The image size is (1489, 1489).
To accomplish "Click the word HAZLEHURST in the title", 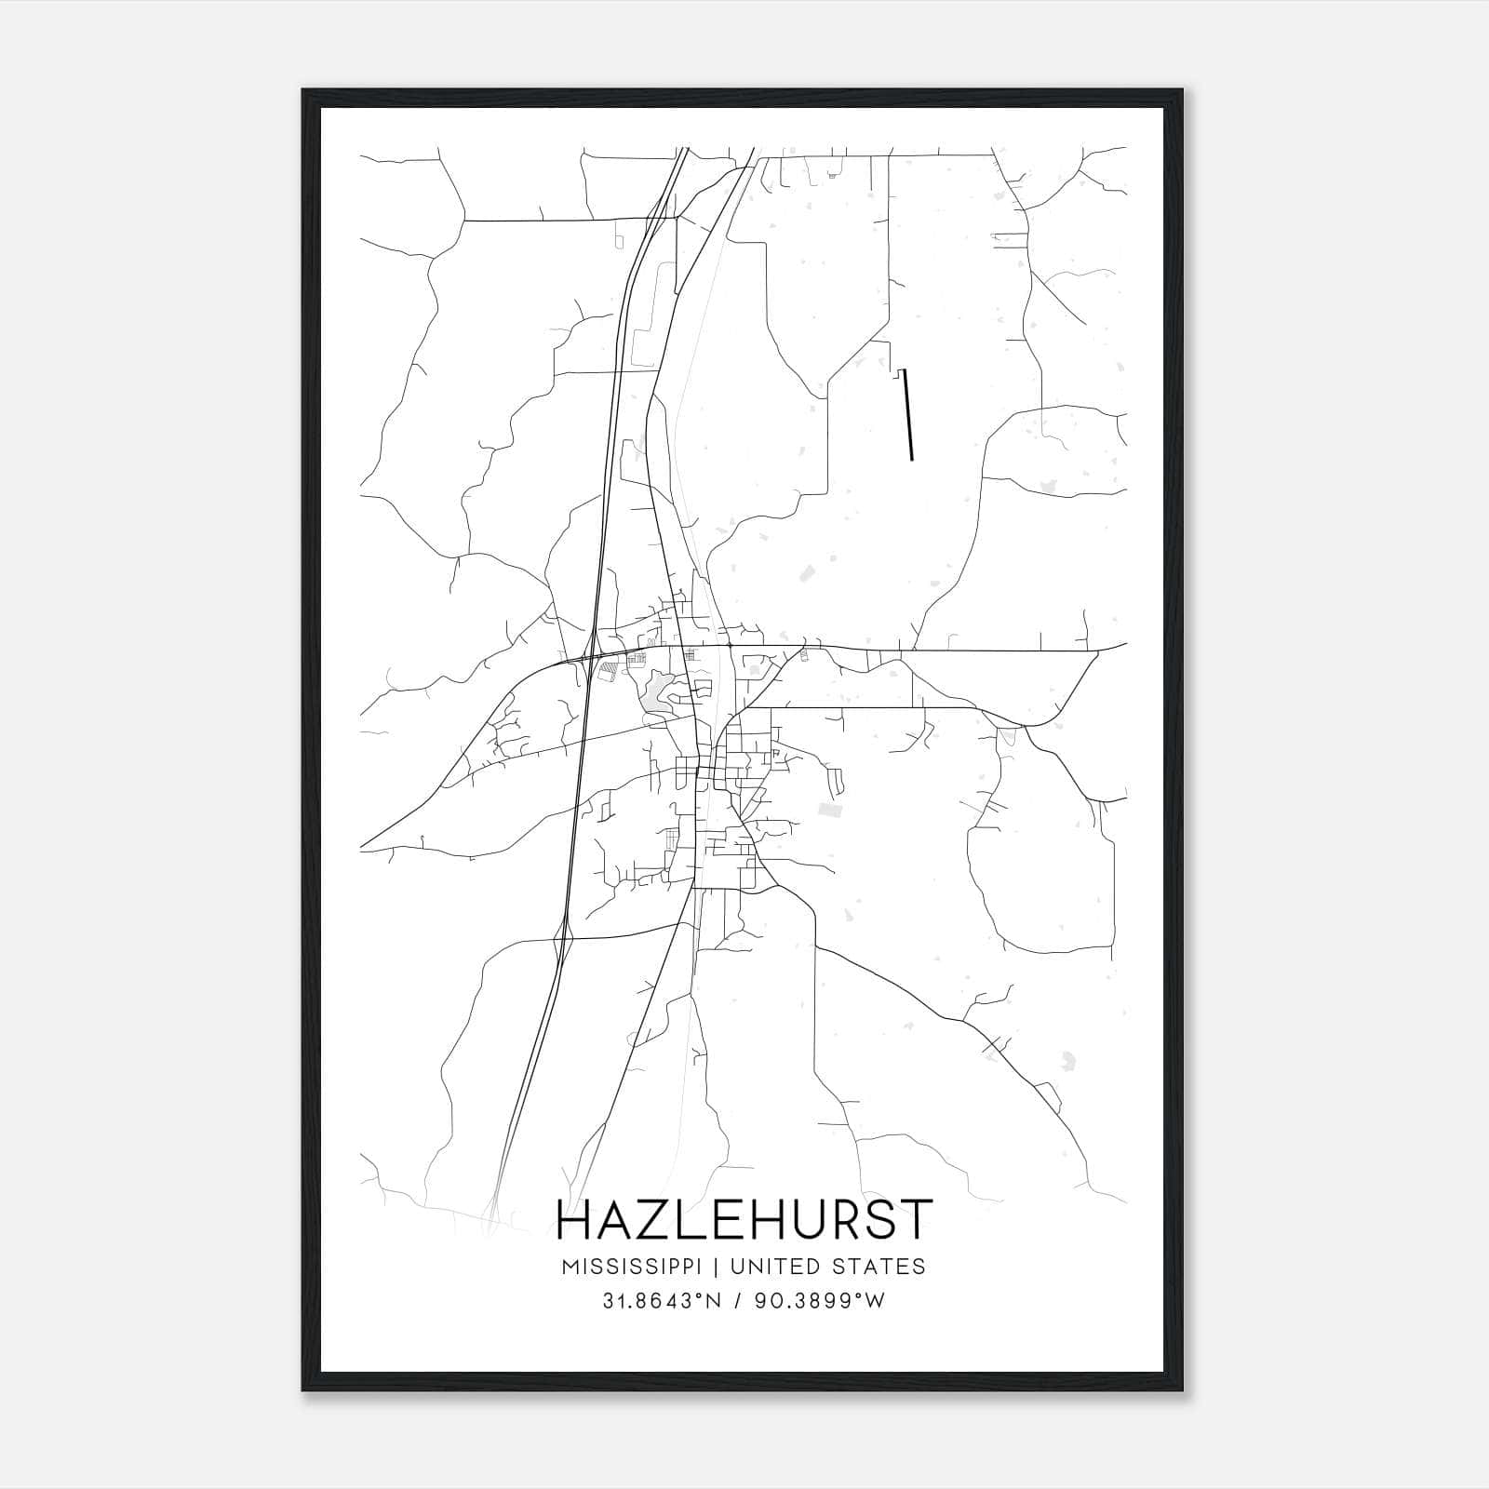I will coord(743,1220).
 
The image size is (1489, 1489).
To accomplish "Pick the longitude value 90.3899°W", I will coord(819,1302).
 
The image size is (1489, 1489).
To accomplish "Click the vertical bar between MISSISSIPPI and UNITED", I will coord(718,1267).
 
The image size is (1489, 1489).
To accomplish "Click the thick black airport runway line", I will coord(907,414).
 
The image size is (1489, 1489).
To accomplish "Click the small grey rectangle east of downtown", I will coord(828,812).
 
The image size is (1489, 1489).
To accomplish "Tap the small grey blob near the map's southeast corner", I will coord(1068,1060).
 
